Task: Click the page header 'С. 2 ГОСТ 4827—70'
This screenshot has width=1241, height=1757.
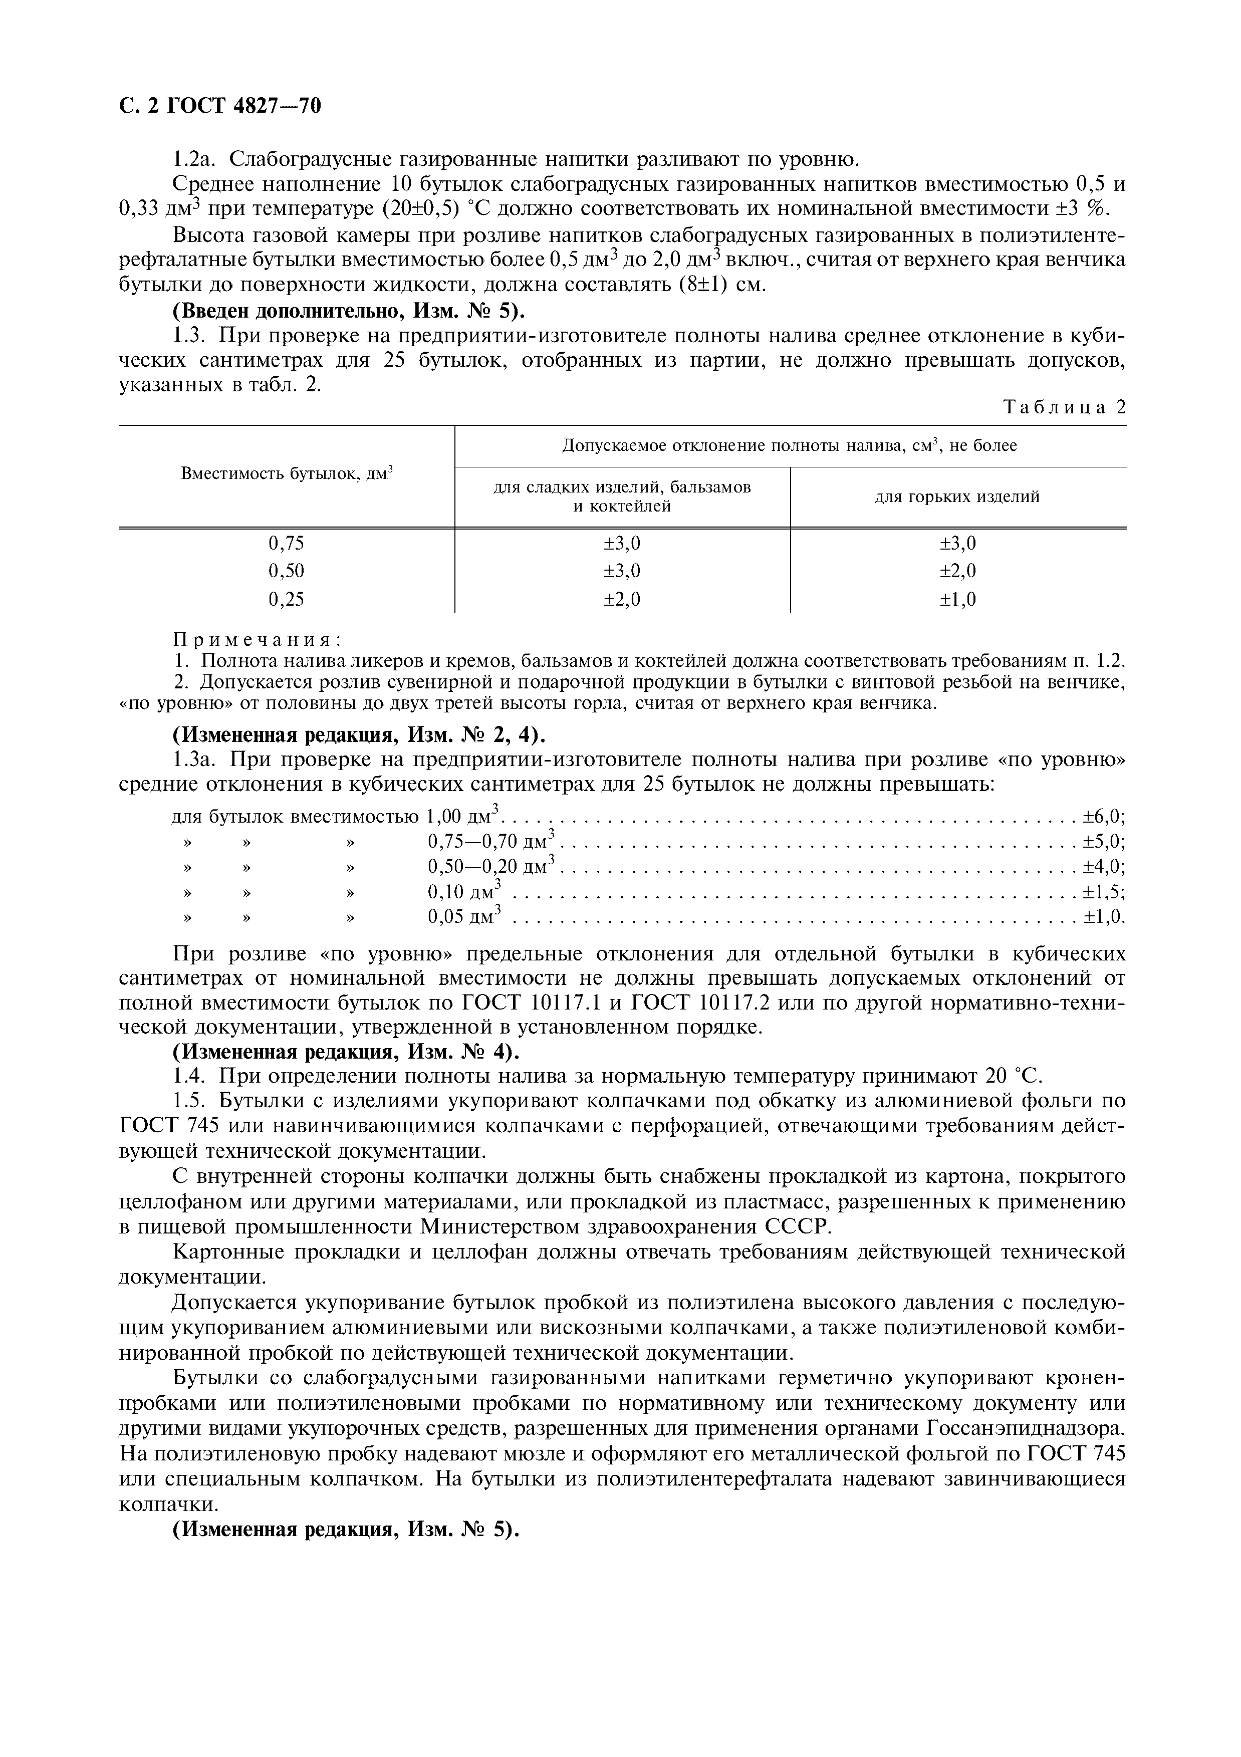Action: [220, 106]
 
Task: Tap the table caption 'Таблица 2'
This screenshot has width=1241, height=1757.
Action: [1064, 407]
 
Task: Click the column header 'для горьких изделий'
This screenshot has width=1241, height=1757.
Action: [957, 496]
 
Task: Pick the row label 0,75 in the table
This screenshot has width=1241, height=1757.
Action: [286, 543]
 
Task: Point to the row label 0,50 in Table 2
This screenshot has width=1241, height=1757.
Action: [286, 571]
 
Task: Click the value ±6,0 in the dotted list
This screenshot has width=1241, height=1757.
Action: [1103, 817]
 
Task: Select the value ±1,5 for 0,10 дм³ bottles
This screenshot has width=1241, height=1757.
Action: [1103, 892]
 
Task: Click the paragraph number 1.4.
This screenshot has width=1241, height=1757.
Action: [187, 1077]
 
